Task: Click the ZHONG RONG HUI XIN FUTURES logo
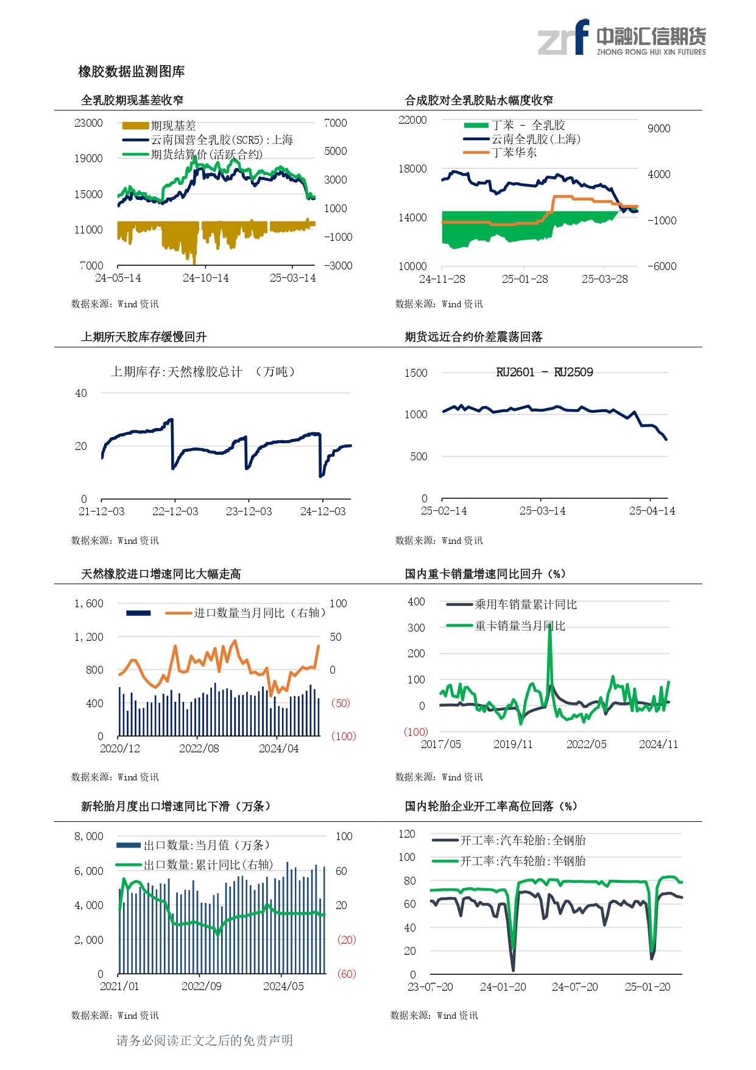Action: point(621,38)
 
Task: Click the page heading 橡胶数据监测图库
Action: point(131,72)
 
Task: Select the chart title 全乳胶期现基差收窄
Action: point(132,101)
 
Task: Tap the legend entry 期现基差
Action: point(173,126)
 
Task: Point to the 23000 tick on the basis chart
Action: point(88,123)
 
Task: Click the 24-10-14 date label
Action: point(205,278)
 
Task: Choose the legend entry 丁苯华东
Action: point(514,152)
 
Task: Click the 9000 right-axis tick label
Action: point(659,129)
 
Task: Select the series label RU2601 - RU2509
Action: point(544,373)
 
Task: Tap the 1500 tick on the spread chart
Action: point(415,373)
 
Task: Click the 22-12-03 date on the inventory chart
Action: point(175,512)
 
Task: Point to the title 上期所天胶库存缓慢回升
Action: point(144,337)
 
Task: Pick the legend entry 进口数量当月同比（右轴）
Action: point(259,613)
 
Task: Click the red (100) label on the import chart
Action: point(343,737)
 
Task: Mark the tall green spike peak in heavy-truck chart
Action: point(549,626)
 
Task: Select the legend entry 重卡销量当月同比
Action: point(520,626)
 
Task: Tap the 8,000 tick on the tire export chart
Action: point(89,836)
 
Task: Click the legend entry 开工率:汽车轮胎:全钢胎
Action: point(522,840)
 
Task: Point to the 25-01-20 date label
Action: point(647,987)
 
